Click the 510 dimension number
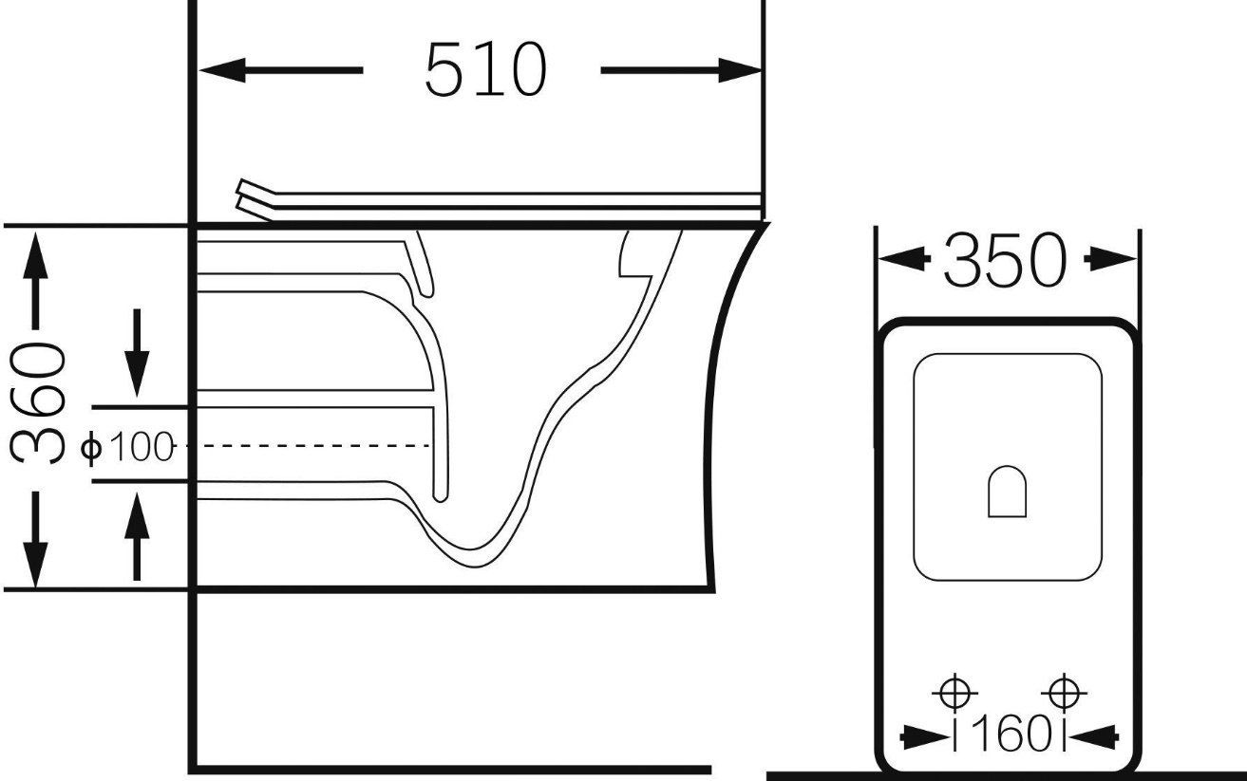(x=486, y=69)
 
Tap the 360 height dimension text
(x=38, y=402)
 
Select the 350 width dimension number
(x=1006, y=260)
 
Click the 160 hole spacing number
(x=1009, y=734)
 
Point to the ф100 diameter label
(x=127, y=447)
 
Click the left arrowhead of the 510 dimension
(x=222, y=70)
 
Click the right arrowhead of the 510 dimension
(x=740, y=70)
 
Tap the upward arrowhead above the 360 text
(x=35, y=256)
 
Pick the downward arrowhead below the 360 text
(x=35, y=565)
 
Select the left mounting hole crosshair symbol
(x=954, y=693)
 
